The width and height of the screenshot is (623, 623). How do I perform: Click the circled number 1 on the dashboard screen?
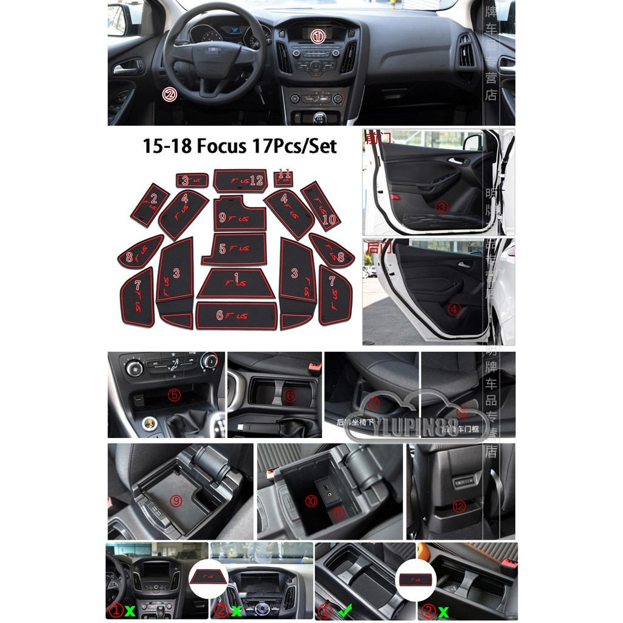[x=318, y=37]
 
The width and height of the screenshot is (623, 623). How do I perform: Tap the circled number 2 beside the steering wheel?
[x=170, y=94]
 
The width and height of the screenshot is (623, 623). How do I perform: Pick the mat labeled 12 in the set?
[x=240, y=180]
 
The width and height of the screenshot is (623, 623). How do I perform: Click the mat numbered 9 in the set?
[x=239, y=215]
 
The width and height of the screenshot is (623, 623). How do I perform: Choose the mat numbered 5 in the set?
[x=235, y=249]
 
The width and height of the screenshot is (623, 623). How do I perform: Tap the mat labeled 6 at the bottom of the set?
[x=236, y=316]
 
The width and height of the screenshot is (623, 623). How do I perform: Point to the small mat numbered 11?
[x=283, y=178]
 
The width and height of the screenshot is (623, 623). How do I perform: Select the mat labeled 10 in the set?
[x=321, y=206]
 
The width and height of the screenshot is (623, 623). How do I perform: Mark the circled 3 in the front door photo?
[x=442, y=207]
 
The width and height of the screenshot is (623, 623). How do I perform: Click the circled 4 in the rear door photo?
[x=454, y=309]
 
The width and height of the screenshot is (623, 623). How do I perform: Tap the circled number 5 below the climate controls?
[x=175, y=395]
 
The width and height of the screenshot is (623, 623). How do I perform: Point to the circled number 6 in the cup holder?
[x=290, y=396]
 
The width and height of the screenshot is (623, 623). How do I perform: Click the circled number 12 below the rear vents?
[x=459, y=506]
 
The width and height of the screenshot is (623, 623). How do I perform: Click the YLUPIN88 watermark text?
[x=416, y=430]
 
